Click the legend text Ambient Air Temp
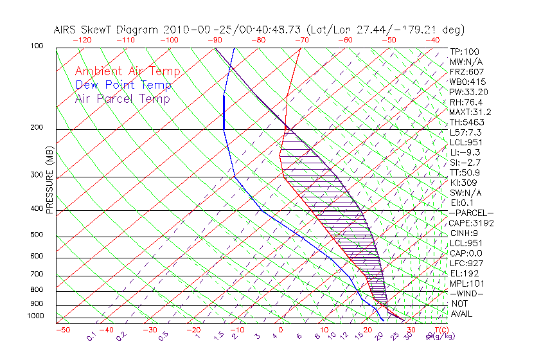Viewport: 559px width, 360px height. click(127, 71)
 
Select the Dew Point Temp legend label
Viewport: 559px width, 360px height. click(123, 85)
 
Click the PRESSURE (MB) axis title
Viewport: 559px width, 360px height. click(49, 180)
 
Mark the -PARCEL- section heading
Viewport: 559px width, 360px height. click(471, 213)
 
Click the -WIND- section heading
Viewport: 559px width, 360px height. click(467, 293)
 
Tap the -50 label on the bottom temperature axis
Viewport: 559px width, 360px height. click(63, 330)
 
